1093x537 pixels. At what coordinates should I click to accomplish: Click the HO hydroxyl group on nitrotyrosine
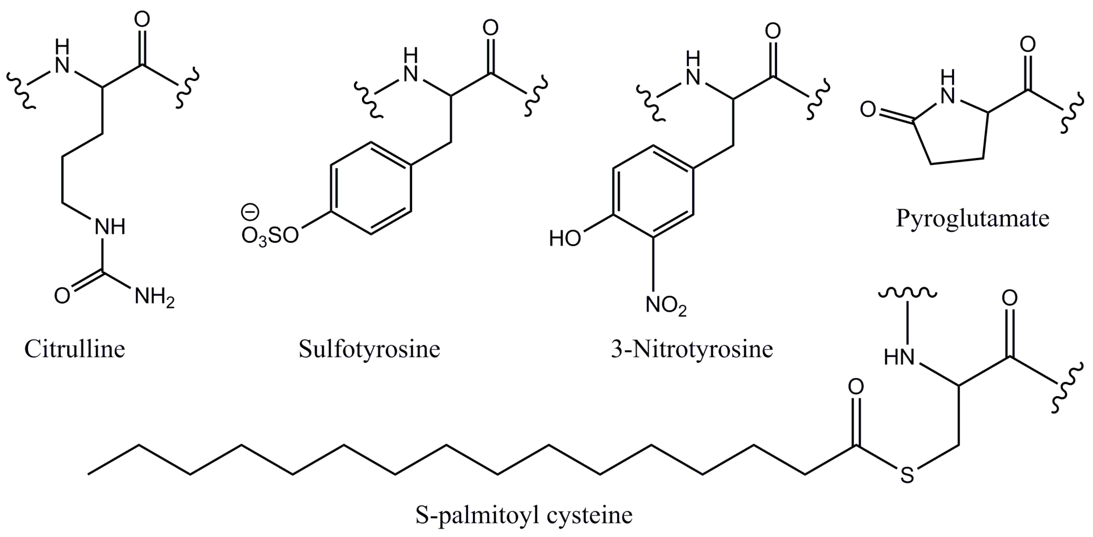(x=565, y=239)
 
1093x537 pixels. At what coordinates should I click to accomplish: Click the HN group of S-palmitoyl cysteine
(x=899, y=358)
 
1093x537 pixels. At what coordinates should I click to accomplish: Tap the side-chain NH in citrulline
(x=109, y=227)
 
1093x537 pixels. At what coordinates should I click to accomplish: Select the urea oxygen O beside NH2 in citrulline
(x=62, y=296)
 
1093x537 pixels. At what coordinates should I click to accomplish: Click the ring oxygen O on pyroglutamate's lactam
(x=868, y=110)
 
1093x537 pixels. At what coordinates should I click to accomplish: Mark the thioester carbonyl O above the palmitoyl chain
(x=856, y=387)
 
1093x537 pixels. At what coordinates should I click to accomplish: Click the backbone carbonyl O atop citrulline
(x=142, y=20)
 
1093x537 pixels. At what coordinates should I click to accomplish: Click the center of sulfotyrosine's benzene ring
(x=371, y=188)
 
